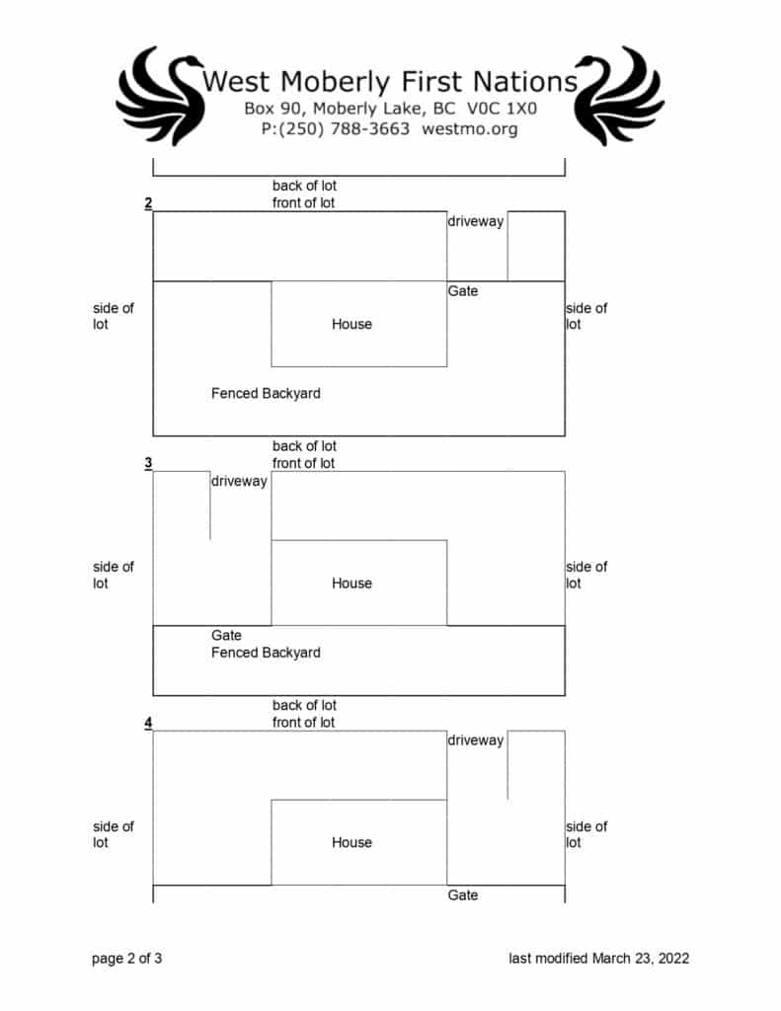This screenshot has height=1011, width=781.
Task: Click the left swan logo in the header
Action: [160, 96]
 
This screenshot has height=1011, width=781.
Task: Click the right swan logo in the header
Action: [620, 96]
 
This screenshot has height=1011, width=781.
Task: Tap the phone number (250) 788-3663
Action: [336, 128]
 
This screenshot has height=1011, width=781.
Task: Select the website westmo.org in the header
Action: [469, 128]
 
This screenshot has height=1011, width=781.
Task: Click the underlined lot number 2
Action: [148, 203]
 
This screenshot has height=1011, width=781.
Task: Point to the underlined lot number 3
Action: [148, 463]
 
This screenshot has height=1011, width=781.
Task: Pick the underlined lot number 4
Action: [148, 723]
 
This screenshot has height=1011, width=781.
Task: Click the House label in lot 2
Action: [351, 324]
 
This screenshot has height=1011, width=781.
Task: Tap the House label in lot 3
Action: [351, 583]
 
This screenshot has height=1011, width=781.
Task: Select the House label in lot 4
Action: [351, 842]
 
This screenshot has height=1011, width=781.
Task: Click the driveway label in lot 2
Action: [476, 221]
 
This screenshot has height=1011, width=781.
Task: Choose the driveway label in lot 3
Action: [239, 481]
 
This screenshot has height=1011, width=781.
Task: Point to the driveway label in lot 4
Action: [476, 740]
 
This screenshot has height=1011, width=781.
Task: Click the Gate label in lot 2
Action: [463, 291]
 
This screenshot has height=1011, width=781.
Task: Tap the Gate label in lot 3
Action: [226, 636]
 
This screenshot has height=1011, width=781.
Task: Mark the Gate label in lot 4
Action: [463, 894]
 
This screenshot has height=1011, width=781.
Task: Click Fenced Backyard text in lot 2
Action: [266, 393]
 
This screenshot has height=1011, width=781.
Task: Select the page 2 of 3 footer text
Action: [126, 958]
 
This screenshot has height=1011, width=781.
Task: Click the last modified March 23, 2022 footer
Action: [598, 958]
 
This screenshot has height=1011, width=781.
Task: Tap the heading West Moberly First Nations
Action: [390, 81]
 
